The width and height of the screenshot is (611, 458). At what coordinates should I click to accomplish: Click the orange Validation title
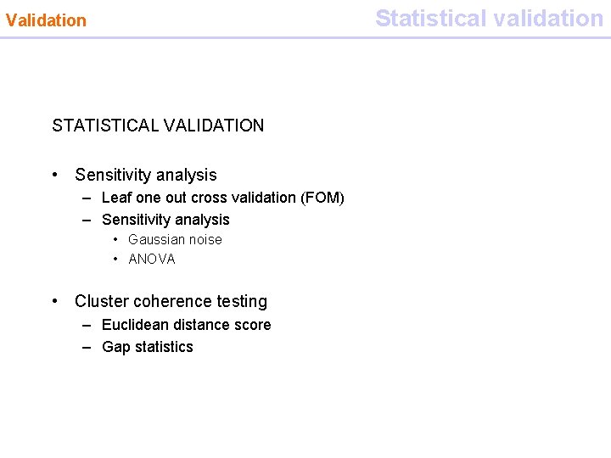46,20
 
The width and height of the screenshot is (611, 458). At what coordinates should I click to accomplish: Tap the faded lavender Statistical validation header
489,18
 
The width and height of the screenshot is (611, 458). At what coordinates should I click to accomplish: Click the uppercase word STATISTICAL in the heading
104,126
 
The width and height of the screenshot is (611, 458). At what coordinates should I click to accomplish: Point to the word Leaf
115,198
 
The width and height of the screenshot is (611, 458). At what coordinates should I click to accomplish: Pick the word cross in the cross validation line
209,198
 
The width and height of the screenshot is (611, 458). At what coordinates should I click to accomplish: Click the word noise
206,240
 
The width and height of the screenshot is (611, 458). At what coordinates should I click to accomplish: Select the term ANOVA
152,260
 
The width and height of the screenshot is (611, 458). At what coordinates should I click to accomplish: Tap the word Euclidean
136,325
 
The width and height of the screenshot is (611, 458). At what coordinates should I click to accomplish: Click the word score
254,325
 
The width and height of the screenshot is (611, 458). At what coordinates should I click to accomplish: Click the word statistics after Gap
165,347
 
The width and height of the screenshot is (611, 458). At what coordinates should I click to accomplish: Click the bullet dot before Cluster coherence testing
55,301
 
